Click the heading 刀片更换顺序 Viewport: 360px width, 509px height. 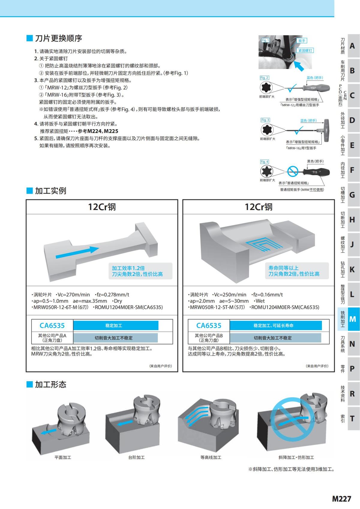point(58,38)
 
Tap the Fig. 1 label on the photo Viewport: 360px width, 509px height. point(265,40)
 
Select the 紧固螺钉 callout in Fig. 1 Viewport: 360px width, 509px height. point(305,50)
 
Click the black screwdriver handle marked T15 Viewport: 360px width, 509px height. point(316,172)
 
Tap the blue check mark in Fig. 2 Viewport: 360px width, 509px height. point(291,88)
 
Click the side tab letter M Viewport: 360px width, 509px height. point(352,319)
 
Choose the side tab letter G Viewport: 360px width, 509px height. point(352,195)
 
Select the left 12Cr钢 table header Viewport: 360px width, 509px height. point(102,207)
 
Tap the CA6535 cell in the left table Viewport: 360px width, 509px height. point(52,325)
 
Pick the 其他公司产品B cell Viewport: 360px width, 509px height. point(209,338)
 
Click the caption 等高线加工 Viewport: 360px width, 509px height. point(211,457)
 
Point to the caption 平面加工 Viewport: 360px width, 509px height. point(63,457)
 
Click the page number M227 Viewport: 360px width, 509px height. point(341,499)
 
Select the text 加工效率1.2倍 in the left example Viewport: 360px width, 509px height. point(128,268)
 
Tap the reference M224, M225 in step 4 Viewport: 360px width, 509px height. point(103,131)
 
